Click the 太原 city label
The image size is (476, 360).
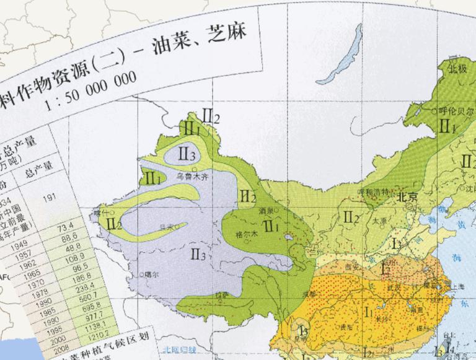coord(380,220)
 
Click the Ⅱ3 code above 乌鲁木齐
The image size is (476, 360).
coord(187,153)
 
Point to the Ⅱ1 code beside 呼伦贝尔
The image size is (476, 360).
coord(448,126)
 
